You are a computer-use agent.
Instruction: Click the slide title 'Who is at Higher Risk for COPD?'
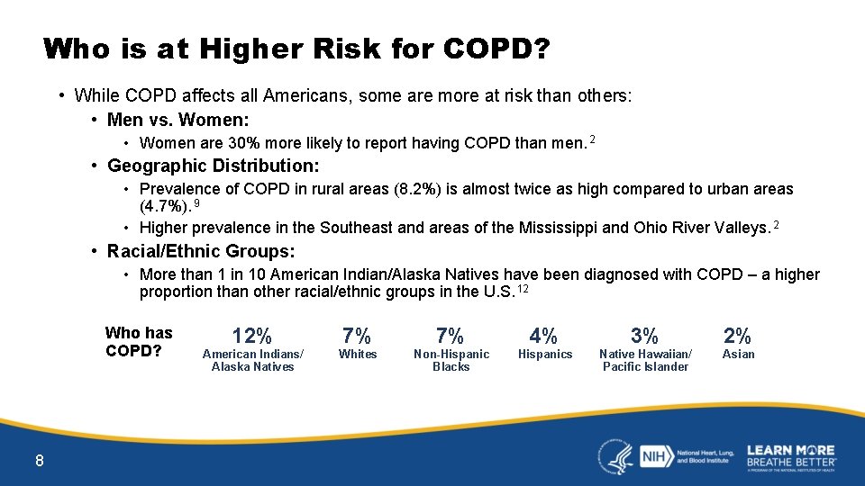point(296,49)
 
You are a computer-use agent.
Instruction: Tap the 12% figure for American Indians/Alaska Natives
point(252,337)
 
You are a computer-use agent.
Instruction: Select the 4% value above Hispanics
point(543,337)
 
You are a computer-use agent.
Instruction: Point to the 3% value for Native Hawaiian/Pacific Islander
point(645,337)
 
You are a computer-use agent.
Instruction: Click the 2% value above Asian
point(737,337)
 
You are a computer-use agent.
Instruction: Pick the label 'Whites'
point(357,355)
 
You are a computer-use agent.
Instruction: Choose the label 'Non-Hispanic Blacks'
point(451,360)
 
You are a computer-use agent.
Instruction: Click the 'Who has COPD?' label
point(139,342)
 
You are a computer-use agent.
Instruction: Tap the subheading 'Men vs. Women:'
point(178,120)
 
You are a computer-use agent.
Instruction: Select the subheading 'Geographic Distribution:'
point(214,166)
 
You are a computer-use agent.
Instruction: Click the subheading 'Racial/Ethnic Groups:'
point(201,251)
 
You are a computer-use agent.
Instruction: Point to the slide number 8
point(39,462)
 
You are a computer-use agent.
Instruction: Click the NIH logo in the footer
point(653,455)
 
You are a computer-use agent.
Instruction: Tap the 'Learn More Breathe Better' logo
point(790,456)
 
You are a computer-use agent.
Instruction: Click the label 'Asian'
point(738,355)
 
